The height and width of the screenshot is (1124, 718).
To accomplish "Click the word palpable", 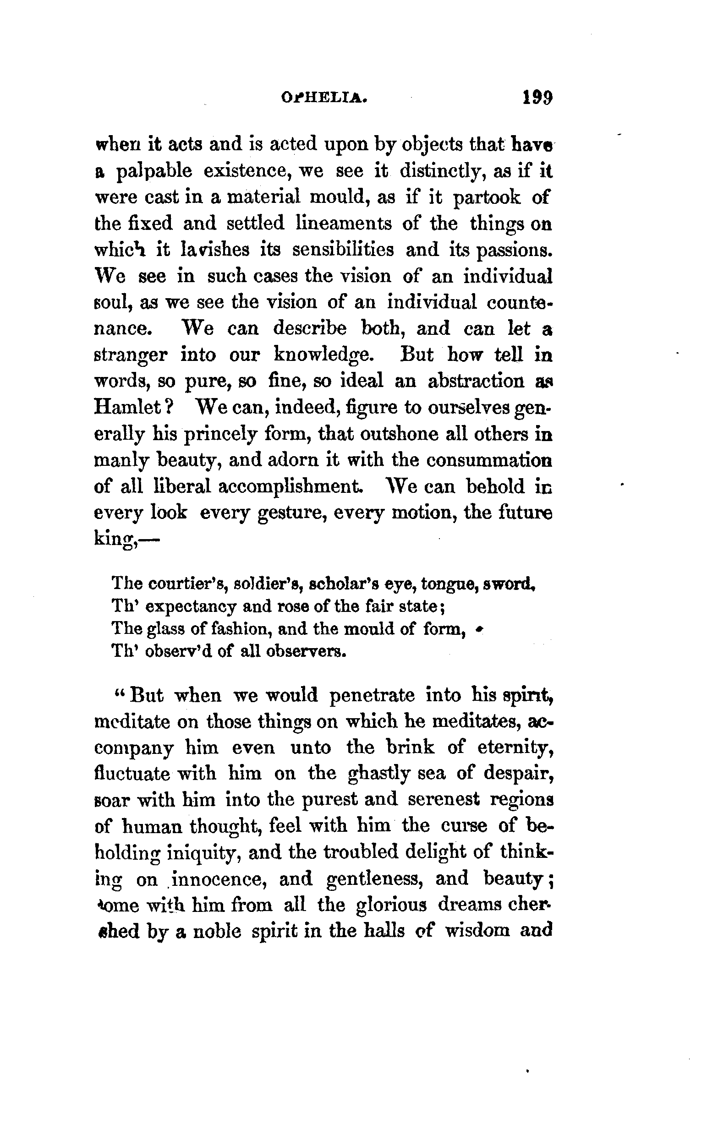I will pos(154,172).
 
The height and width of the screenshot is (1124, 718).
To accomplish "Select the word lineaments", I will pos(344,224).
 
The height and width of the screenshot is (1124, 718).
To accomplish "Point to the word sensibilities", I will pos(343,250).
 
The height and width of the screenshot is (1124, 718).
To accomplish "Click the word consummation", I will pos(490,460).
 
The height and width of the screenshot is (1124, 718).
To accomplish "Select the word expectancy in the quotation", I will pos(191,606).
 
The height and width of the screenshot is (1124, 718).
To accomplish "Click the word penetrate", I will pos(372,696).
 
